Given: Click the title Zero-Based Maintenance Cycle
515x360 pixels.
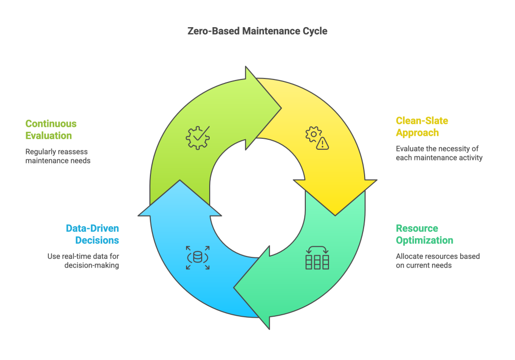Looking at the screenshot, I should pyautogui.click(x=257, y=31).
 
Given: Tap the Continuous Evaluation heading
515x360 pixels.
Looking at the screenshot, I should pyautogui.click(x=51, y=129).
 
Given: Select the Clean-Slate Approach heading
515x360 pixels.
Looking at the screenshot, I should pyautogui.click(x=421, y=127).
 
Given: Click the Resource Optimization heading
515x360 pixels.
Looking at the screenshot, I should pyautogui.click(x=424, y=234).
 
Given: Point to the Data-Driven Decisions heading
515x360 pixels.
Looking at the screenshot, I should pyautogui.click(x=93, y=234).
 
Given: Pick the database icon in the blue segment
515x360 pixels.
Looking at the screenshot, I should pyautogui.click(x=198, y=257).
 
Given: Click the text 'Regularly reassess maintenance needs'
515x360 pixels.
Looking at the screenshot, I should pyautogui.click(x=58, y=156).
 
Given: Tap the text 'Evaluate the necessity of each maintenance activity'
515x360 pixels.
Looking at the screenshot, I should pyautogui.click(x=439, y=153).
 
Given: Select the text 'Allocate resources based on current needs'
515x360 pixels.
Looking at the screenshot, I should pyautogui.click(x=438, y=260).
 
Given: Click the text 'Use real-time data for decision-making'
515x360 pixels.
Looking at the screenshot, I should pyautogui.click(x=83, y=260).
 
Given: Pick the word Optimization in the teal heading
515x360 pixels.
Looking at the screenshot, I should pyautogui.click(x=424, y=240).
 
